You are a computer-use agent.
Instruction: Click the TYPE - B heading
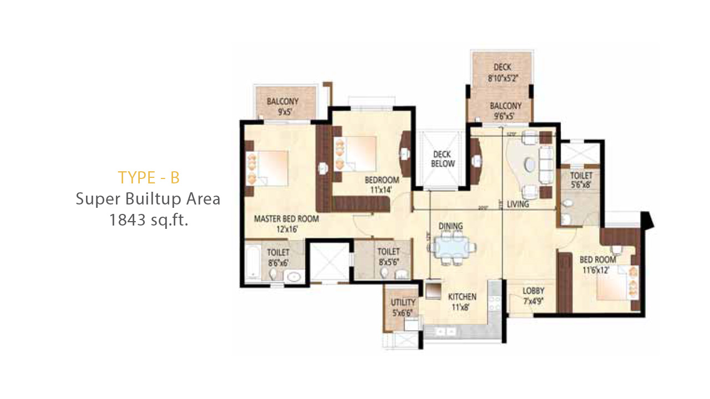click(148, 177)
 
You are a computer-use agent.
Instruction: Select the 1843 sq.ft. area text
click(148, 220)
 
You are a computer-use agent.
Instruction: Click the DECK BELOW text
click(443, 159)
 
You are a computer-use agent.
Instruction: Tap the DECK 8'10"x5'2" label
click(502, 73)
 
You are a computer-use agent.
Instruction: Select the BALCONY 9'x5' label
click(282, 106)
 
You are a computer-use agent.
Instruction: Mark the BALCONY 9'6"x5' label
click(505, 110)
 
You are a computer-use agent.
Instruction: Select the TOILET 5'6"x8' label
click(580, 180)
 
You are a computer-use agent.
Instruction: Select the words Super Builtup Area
click(148, 199)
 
